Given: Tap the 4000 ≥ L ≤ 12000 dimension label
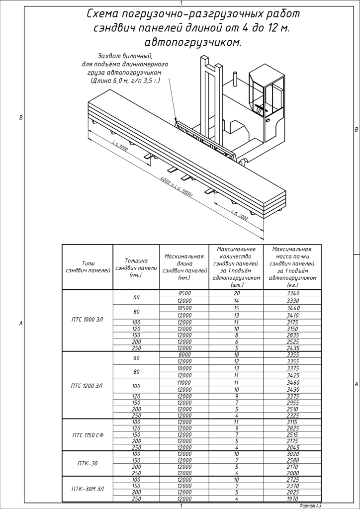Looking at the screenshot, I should (176, 187).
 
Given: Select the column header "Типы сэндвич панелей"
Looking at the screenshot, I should (87, 266).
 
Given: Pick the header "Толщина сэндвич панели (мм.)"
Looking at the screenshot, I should (136, 267).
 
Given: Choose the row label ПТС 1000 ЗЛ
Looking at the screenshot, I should (87, 319).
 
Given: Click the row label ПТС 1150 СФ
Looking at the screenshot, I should (87, 435).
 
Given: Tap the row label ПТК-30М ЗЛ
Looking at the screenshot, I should (87, 489).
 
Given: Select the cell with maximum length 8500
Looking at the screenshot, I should (184, 294).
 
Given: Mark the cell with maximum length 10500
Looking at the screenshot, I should (184, 308).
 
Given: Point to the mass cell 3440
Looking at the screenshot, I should (289, 308).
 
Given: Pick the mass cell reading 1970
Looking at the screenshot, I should (289, 499).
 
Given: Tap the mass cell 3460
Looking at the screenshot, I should (289, 382).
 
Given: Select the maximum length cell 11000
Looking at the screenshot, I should (184, 382).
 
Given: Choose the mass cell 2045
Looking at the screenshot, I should (289, 447).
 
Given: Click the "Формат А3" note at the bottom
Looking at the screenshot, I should (311, 505).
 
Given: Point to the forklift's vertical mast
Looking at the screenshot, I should (211, 99).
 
